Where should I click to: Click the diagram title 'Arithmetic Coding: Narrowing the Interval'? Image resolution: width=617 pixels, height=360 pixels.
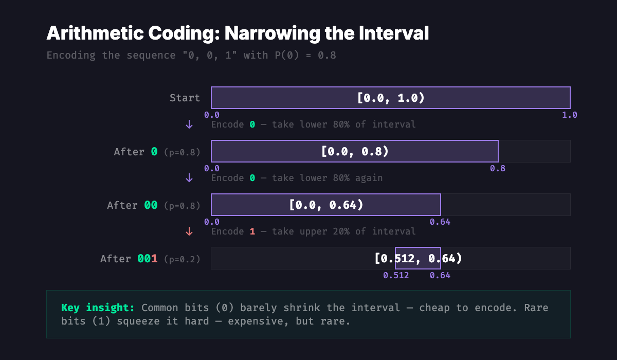pyautogui.click(x=238, y=34)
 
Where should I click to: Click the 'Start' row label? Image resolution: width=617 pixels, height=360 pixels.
pyautogui.click(x=185, y=98)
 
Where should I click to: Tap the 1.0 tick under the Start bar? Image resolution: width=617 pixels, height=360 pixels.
pyautogui.click(x=570, y=115)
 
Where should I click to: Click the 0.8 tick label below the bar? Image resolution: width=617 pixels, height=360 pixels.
pyautogui.click(x=497, y=169)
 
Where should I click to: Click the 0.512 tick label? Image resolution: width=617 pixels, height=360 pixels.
pyautogui.click(x=396, y=276)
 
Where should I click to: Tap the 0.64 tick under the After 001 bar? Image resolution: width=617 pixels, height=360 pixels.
pyautogui.click(x=440, y=276)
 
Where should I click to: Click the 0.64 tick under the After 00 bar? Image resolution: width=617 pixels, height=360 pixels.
pyautogui.click(x=440, y=222)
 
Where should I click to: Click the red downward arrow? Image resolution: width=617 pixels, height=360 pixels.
pyautogui.click(x=189, y=231)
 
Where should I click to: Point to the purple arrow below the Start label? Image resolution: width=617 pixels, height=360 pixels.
pyautogui.click(x=189, y=124)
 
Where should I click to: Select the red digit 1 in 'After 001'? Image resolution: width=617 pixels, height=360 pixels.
pyautogui.click(x=154, y=259)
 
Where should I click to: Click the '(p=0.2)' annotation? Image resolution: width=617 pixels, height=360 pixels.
pyautogui.click(x=182, y=259)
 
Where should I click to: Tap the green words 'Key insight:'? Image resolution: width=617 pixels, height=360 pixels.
pyautogui.click(x=98, y=308)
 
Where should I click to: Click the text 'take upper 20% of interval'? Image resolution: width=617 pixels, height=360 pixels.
pyautogui.click(x=344, y=231)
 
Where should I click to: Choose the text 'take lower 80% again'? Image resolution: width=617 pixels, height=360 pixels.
pyautogui.click(x=328, y=178)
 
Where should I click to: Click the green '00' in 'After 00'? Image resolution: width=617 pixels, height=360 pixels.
pyautogui.click(x=151, y=205)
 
